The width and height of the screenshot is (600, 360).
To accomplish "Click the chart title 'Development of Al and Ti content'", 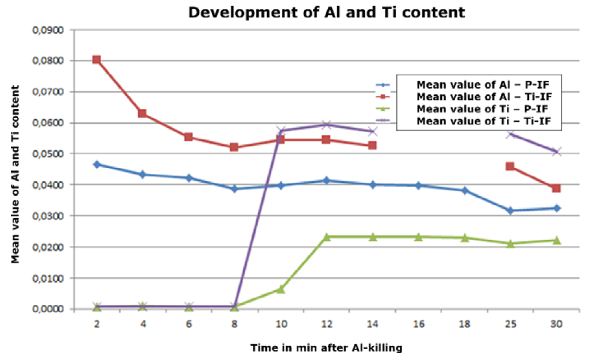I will tap(327, 12).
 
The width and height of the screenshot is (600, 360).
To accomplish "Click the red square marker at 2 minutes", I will tap(97, 60).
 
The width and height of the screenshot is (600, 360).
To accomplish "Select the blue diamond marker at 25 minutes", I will tap(510, 211).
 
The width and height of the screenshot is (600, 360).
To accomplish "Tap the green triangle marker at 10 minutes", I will tap(281, 289).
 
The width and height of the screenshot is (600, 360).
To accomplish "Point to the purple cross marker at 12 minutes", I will tap(326, 124).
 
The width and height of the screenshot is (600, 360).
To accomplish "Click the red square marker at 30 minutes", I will tap(556, 189).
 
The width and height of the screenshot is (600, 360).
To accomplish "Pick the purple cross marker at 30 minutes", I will tap(556, 152).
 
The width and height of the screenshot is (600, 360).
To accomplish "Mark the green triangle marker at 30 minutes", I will tap(556, 240).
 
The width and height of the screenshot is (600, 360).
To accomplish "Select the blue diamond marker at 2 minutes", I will tap(97, 165).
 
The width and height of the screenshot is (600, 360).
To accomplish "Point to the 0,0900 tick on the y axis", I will tap(49, 30).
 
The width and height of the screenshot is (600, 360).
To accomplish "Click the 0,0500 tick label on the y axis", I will tap(49, 154).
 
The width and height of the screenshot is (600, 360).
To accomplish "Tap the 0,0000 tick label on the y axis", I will tap(49, 309).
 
